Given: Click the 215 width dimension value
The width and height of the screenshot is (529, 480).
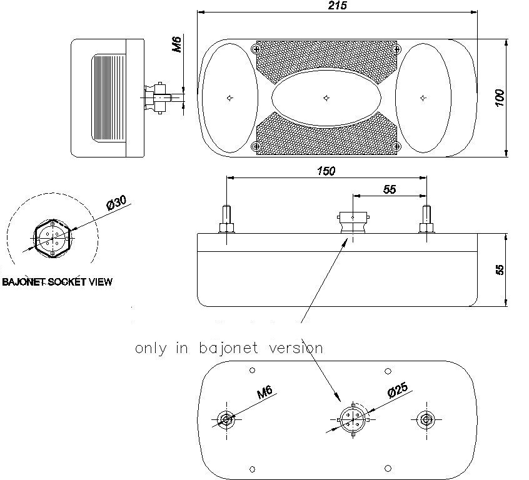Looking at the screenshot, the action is coord(338,6).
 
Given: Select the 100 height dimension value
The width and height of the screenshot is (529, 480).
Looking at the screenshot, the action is coord(500,98).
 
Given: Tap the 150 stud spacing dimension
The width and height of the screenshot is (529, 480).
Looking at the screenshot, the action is coord(326,171).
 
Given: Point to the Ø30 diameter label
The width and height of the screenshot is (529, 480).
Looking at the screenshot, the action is coord(116,202).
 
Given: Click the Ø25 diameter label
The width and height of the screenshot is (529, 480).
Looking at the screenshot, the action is coord(398,390).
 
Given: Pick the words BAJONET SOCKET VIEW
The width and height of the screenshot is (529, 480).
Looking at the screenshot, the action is coord(57,282).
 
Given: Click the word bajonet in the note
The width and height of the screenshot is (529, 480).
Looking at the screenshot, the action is coord(228,348).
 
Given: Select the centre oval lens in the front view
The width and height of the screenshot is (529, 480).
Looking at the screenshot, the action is coord(326,98).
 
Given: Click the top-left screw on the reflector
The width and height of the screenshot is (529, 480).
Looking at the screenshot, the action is coord(256,49).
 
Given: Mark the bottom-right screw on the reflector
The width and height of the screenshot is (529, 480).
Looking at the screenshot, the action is coord(396,146).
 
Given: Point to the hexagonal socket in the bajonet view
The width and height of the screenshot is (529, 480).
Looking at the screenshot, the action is coord(53,239).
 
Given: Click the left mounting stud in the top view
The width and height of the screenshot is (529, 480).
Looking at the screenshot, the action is coord(227,219).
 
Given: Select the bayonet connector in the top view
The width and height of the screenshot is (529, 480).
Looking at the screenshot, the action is coord(353,222).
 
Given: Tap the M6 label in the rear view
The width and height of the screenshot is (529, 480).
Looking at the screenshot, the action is coord(264,392).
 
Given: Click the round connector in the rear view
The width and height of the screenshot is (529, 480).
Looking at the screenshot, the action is coord(353,419).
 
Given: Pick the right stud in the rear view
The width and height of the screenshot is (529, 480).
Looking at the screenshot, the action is coord(426,419).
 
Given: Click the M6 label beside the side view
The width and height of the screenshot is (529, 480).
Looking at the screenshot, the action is coord(177,44).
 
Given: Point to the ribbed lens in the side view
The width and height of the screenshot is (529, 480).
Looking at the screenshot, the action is coord(109,98).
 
